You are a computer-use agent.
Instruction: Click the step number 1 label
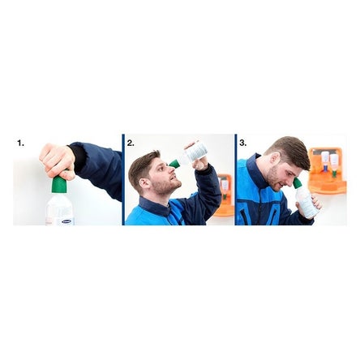pyautogui.click(x=19, y=143)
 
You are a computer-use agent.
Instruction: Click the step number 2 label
pyautogui.click(x=131, y=143)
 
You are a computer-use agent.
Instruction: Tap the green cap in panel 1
pyautogui.click(x=58, y=184)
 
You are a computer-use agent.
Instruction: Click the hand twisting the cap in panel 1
pyautogui.click(x=57, y=161)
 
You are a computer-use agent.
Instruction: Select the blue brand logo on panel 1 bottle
pyautogui.click(x=62, y=220)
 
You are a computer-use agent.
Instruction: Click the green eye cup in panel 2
pyautogui.click(x=174, y=164)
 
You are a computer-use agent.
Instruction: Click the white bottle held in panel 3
pyautogui.click(x=306, y=204)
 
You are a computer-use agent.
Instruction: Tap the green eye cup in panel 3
pyautogui.click(x=297, y=184)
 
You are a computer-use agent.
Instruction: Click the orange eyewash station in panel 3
pyautogui.click(x=328, y=170)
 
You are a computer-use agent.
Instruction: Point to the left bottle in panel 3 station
pyautogui.click(x=324, y=160)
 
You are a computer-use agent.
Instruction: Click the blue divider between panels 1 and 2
pyautogui.click(x=123, y=179)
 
